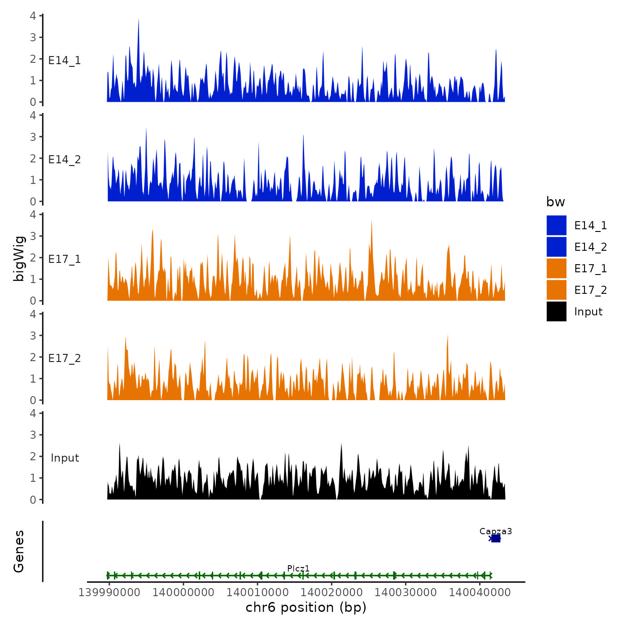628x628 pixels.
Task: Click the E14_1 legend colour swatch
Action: (x=556, y=225)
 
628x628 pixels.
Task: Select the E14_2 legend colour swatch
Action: (x=556, y=247)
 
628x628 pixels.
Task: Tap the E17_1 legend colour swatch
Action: (x=556, y=268)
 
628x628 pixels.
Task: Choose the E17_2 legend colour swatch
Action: (x=556, y=290)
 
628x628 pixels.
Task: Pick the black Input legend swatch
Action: (x=556, y=311)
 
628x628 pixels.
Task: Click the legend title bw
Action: (x=555, y=202)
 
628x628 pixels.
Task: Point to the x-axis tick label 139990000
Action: (x=109, y=592)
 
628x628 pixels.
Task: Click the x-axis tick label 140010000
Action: (x=257, y=592)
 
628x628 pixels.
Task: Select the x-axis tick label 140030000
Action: (x=406, y=592)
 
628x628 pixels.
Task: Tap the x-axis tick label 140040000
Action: (x=480, y=592)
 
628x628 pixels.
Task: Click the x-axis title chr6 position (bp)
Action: (x=306, y=607)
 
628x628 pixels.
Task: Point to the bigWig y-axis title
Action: (x=19, y=258)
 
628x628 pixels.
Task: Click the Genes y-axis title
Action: (x=19, y=551)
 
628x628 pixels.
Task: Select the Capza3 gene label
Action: (x=495, y=531)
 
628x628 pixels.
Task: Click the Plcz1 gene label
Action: (x=298, y=568)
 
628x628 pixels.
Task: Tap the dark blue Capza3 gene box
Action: (x=495, y=538)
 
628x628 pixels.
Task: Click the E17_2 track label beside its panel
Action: (x=65, y=358)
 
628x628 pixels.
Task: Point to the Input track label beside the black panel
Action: (x=65, y=458)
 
